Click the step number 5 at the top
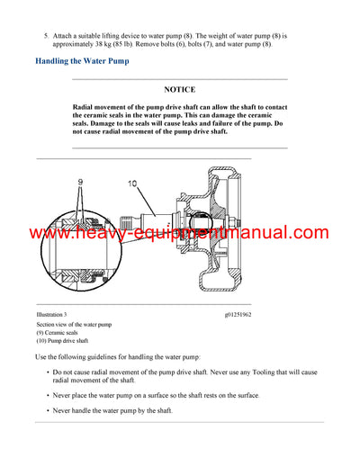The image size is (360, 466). pyautogui.click(x=46, y=34)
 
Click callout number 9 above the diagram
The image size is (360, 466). pyautogui.click(x=79, y=182)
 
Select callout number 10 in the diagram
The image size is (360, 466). pyautogui.click(x=132, y=184)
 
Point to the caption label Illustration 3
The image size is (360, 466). pyautogui.click(x=53, y=314)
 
